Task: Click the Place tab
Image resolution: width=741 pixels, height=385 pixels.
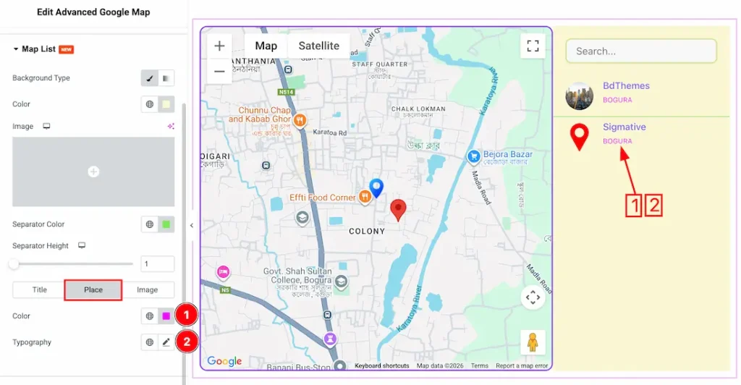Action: (x=93, y=289)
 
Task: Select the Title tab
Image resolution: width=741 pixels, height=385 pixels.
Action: (x=39, y=289)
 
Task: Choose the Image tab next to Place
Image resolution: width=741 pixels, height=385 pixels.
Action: (x=148, y=289)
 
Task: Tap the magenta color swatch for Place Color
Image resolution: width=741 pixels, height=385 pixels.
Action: (x=166, y=316)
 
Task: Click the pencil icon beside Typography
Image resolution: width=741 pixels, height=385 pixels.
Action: (x=166, y=342)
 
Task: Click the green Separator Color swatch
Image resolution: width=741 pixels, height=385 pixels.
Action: (x=166, y=224)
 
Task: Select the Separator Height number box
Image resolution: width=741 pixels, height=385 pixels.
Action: (x=158, y=264)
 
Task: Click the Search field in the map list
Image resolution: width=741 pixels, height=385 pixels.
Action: (x=641, y=51)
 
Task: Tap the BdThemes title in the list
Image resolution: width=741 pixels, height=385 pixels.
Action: (x=626, y=85)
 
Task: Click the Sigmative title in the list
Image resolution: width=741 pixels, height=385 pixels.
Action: (x=624, y=127)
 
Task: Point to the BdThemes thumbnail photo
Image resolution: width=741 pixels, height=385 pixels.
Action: (x=579, y=96)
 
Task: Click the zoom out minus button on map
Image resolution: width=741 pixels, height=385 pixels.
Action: (x=219, y=71)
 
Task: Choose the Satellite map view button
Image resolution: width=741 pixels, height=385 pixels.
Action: (x=318, y=46)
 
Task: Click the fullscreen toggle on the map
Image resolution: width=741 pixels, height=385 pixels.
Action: (x=533, y=46)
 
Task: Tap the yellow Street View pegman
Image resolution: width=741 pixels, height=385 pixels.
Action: (x=533, y=342)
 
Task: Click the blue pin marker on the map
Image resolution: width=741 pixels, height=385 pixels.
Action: (x=376, y=188)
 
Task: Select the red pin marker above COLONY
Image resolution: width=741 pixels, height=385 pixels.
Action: (x=398, y=210)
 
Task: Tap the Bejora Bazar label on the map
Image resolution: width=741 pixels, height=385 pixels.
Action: (x=507, y=155)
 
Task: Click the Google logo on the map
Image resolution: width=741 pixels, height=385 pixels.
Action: (x=224, y=361)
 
